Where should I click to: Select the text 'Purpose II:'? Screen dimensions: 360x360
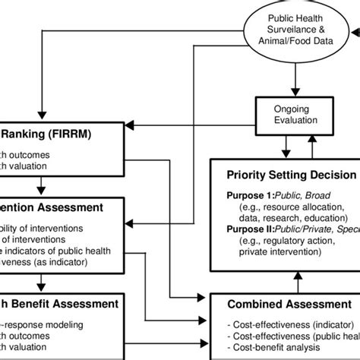tap(251, 228)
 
